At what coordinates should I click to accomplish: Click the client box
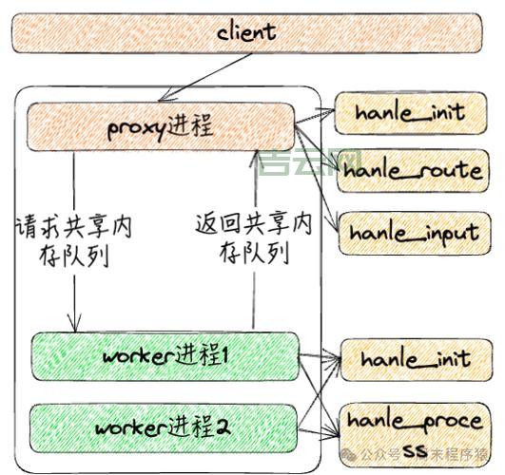[x=245, y=31]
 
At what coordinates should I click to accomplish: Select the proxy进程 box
[x=160, y=126]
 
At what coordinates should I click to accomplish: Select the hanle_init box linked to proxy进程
[x=409, y=112]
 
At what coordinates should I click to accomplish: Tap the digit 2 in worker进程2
[x=223, y=427]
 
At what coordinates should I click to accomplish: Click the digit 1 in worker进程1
[x=224, y=356]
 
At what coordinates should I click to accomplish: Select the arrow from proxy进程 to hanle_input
[x=319, y=180]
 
